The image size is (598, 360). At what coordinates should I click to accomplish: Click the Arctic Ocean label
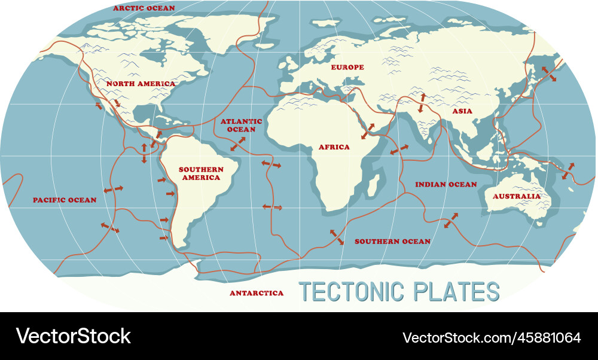[144, 8]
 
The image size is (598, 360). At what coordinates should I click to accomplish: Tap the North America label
[141, 84]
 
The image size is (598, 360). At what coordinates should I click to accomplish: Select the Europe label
[347, 68]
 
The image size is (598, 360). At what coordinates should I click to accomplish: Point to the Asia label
[462, 111]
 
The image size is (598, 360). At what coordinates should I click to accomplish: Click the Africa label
[334, 147]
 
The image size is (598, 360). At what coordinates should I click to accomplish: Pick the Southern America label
[201, 173]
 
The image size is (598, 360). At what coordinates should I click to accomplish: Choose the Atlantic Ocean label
[237, 125]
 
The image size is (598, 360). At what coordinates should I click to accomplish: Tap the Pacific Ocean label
[64, 200]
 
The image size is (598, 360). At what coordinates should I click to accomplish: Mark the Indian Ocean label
[446, 185]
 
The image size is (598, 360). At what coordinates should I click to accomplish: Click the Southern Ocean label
[392, 242]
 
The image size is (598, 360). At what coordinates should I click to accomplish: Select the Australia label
[516, 196]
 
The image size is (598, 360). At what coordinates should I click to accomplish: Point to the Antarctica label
[257, 293]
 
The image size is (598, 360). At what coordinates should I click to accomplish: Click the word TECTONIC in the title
[350, 292]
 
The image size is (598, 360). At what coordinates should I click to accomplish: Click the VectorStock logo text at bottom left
[73, 337]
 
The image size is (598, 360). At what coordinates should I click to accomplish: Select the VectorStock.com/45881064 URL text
[492, 337]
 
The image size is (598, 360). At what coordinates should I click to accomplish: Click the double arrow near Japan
[548, 74]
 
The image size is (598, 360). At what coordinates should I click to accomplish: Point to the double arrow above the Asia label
[422, 103]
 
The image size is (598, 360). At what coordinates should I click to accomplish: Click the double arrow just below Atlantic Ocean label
[237, 144]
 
